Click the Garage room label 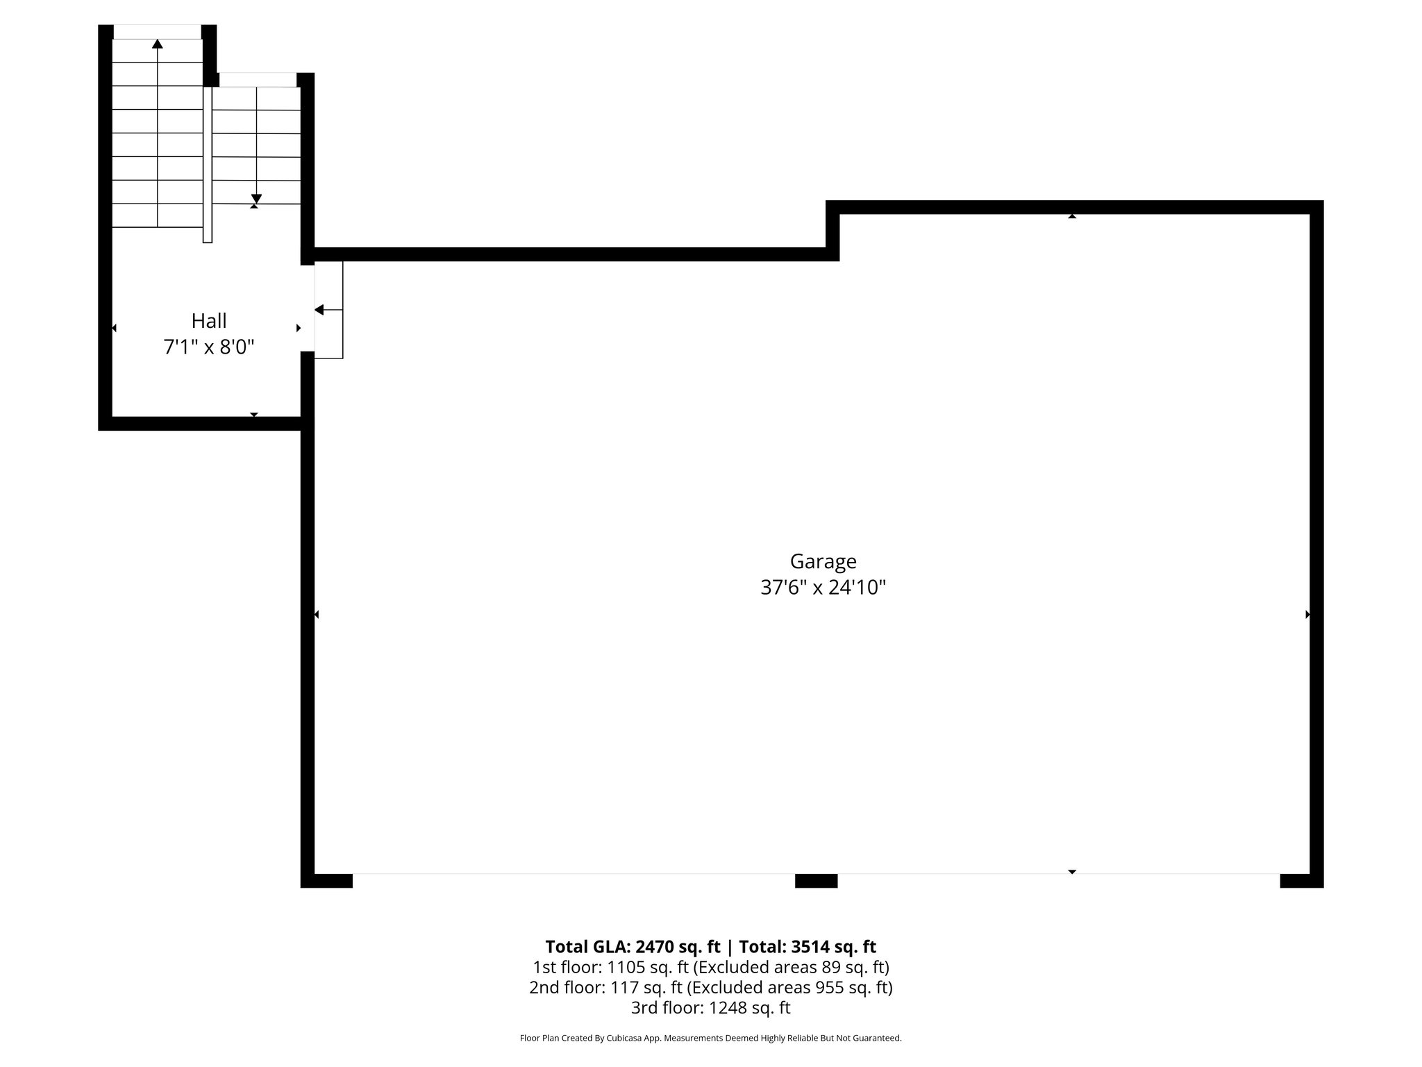point(823,561)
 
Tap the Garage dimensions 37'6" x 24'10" point(823,588)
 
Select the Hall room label point(209,321)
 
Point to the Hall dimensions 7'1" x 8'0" point(209,347)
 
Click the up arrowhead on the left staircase point(158,44)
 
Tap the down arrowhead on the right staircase point(256,198)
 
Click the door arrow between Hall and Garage point(319,310)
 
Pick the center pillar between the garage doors point(816,881)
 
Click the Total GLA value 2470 point(653,947)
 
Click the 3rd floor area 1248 point(728,1008)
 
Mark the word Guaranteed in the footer point(880,1039)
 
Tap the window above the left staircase point(158,32)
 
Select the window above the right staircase point(258,80)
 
